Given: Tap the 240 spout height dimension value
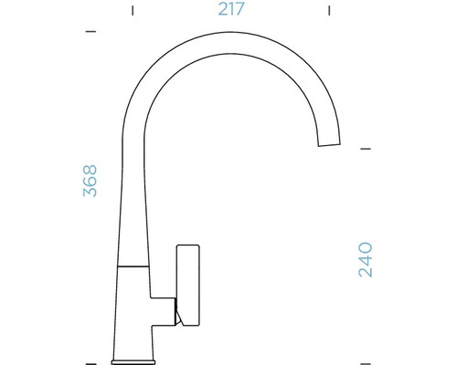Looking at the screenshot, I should [365, 259].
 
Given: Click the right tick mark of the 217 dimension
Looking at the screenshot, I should [328, 11].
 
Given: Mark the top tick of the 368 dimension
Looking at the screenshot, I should [90, 32].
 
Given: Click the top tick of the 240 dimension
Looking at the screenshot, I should [366, 147].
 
